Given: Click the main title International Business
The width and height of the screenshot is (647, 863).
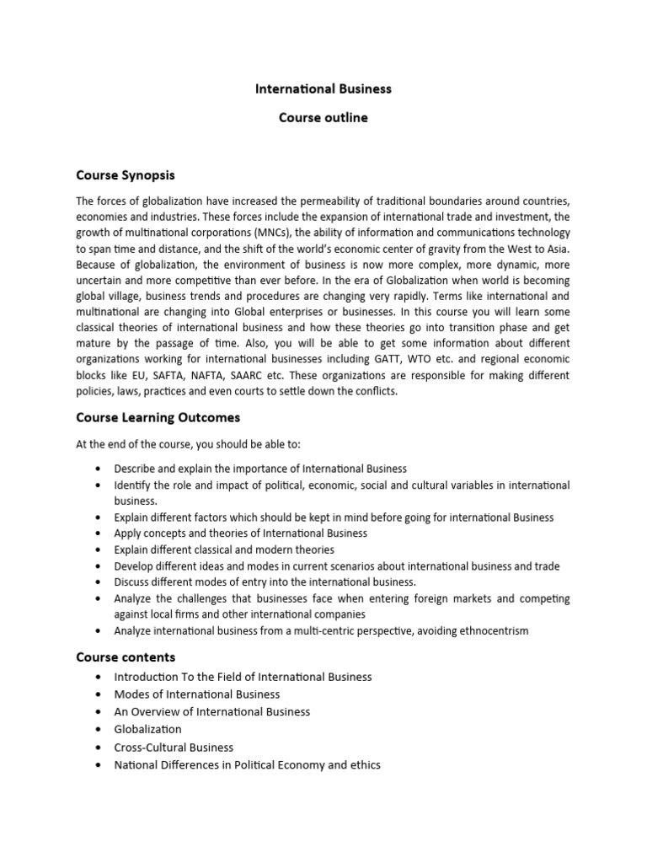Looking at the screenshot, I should coord(323,88).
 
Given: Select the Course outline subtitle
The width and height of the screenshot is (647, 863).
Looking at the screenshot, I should coord(323,118).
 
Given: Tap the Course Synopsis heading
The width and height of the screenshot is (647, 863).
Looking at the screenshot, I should coord(126,175).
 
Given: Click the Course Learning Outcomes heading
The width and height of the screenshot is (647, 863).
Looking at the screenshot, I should coord(158,417).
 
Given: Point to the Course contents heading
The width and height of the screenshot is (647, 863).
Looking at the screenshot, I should coord(126,657).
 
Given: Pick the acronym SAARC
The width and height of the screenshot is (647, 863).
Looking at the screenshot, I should coord(254,375).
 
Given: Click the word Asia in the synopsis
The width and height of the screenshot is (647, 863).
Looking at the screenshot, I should coord(558,249).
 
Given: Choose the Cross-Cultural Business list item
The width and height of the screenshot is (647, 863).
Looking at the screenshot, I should coord(174,748).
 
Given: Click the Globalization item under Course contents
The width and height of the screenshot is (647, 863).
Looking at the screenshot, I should coord(148,730).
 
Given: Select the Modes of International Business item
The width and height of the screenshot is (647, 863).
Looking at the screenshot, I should coord(198,694).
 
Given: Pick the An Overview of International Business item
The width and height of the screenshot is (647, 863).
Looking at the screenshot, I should coord(212,712).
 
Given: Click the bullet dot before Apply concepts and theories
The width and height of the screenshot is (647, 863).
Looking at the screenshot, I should coord(99,533).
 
